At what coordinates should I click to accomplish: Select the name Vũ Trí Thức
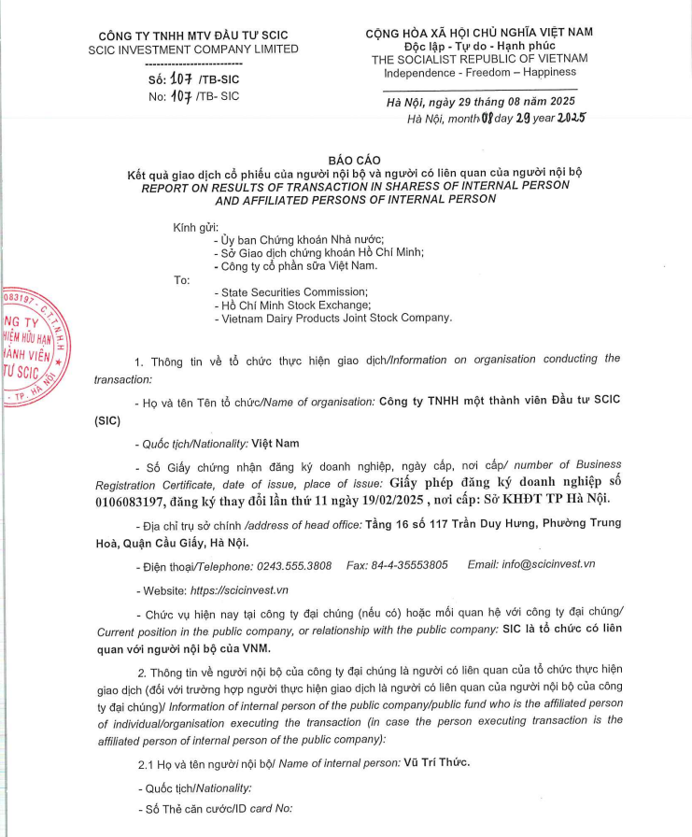point(437,763)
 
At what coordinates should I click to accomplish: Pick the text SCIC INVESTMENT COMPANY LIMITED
point(193,50)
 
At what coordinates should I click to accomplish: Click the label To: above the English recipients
point(182,279)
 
